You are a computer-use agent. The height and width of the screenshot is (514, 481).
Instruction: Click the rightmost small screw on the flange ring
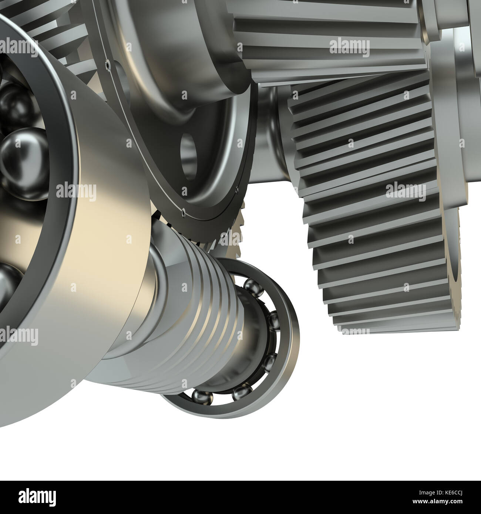tap(236, 191)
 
